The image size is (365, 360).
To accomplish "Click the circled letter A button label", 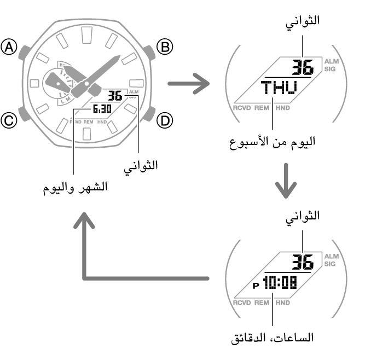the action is click(9, 47).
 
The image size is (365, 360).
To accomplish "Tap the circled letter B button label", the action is click(165, 47).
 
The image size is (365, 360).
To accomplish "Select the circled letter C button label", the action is click(9, 121).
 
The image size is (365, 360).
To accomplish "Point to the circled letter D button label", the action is click(165, 121).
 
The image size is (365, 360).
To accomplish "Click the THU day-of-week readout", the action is click(279, 88).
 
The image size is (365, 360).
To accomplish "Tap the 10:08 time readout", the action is click(280, 282).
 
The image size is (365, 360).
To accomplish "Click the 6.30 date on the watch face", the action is click(102, 109).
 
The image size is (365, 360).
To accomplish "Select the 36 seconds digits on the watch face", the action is click(115, 96).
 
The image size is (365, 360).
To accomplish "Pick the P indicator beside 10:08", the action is click(256, 285).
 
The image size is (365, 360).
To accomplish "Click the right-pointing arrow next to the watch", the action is click(189, 84).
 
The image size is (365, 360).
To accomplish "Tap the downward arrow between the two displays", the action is click(286, 181).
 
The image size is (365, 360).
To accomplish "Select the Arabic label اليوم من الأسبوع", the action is click(272, 142).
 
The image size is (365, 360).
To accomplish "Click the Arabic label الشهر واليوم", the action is click(75, 188).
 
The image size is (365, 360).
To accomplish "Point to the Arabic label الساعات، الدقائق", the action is click(272, 338).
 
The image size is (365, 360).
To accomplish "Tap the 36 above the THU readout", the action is click(303, 67).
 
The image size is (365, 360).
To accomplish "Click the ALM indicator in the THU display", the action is click(332, 61).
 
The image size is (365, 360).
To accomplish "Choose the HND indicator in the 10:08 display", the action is click(282, 303).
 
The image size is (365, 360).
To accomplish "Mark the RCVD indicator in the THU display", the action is click(242, 108).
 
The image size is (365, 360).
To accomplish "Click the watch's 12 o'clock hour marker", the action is click(87, 35).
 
